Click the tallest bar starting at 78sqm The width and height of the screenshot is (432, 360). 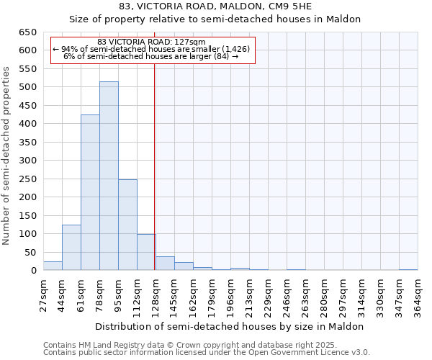coord(109,176)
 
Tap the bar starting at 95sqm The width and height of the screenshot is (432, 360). coord(127,225)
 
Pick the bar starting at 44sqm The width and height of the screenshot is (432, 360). coord(71,248)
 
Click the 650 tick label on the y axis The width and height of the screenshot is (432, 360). coord(27,32)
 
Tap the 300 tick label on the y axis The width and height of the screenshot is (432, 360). coord(27,161)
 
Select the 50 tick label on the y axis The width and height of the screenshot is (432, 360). coord(30,252)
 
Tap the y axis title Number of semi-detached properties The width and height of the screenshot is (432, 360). coord(6,155)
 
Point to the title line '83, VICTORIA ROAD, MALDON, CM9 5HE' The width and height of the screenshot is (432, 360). coord(215,6)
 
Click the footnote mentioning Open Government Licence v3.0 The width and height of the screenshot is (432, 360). coord(206,353)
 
